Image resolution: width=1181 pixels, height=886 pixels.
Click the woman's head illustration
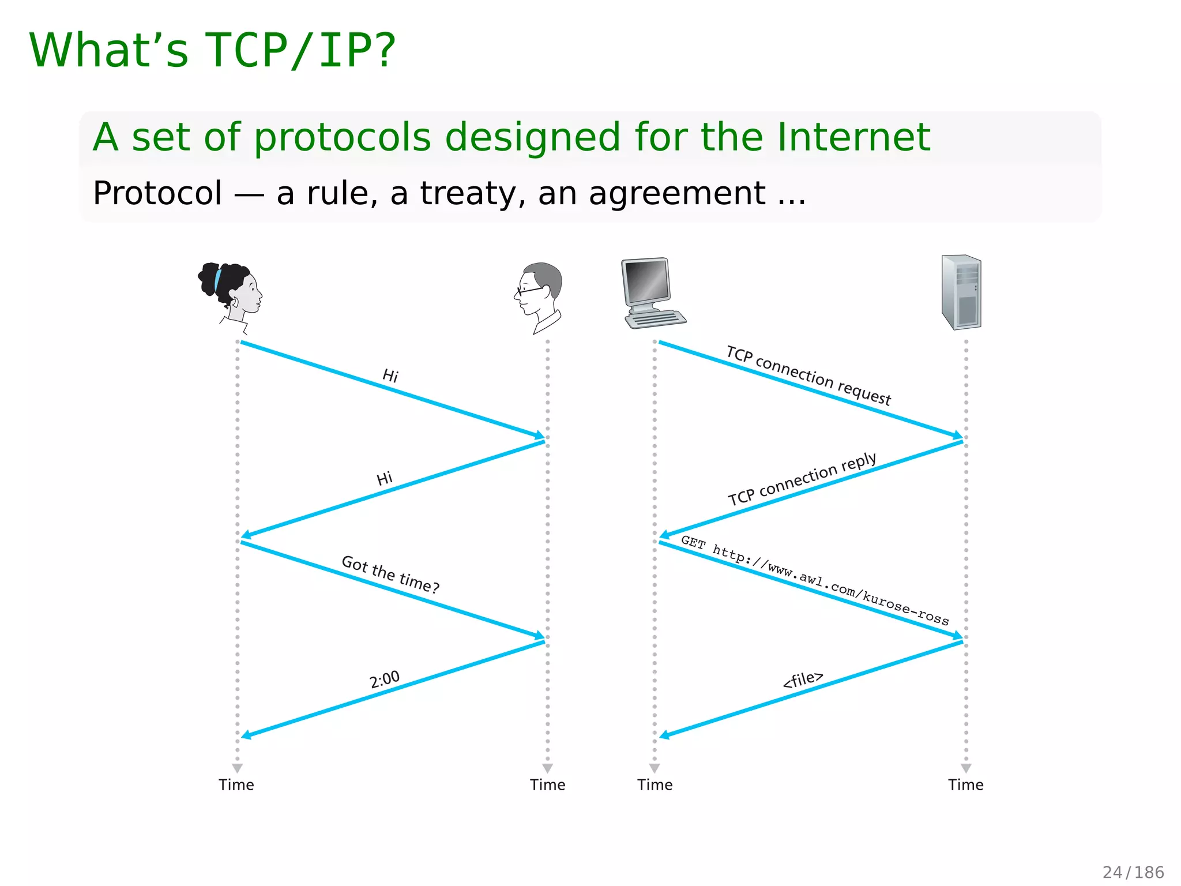231,294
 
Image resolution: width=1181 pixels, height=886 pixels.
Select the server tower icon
961,292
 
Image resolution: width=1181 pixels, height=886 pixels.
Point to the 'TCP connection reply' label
802,479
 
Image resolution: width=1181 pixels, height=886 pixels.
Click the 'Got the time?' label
390,574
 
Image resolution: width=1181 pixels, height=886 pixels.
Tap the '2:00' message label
385,679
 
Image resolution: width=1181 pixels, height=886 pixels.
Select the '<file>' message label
803,679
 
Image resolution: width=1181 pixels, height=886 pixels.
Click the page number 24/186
1133,872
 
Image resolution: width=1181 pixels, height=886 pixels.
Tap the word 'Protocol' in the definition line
157,193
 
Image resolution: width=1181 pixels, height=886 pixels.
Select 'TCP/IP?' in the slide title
300,51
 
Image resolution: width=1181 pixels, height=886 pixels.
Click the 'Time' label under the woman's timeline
236,784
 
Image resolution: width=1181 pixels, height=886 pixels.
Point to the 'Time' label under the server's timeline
966,784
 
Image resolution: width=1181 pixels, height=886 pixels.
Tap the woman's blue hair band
218,280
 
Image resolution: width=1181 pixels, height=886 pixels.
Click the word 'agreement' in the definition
678,193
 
